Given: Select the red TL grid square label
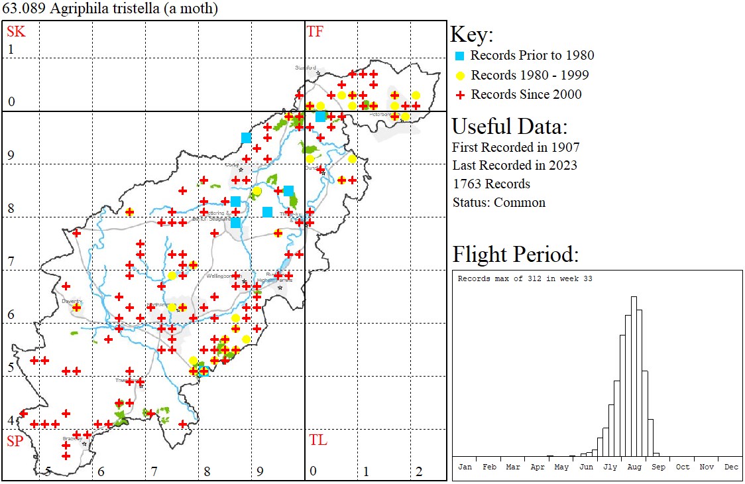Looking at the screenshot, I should pyautogui.click(x=317, y=440).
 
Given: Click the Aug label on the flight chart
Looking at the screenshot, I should pyautogui.click(x=634, y=467).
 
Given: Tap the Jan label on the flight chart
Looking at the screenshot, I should pyautogui.click(x=465, y=467).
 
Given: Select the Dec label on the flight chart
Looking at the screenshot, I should pyautogui.click(x=731, y=467).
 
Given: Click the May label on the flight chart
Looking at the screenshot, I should pyautogui.click(x=561, y=467).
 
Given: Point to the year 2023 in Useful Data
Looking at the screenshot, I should pyautogui.click(x=563, y=165).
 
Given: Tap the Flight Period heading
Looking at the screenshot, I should pyautogui.click(x=516, y=254).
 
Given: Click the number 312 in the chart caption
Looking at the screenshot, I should pyautogui.click(x=529, y=278).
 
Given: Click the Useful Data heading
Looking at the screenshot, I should pyautogui.click(x=509, y=126).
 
